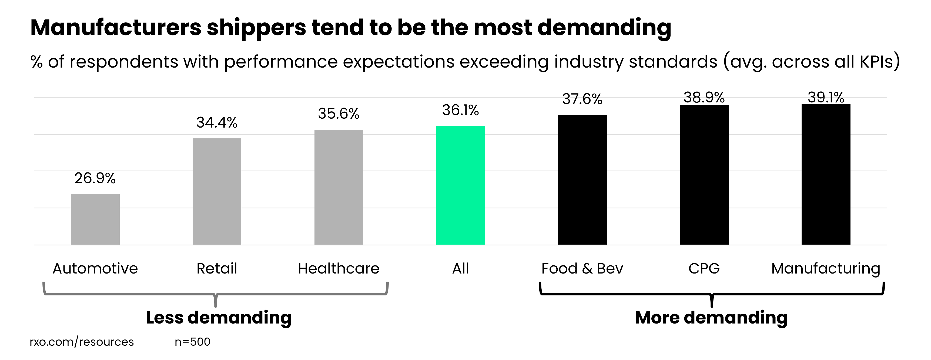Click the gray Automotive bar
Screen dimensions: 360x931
pyautogui.click(x=95, y=219)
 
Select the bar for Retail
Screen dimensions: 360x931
pyautogui.click(x=217, y=192)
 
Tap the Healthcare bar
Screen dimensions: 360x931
pyautogui.click(x=339, y=187)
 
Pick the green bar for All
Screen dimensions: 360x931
pyautogui.click(x=460, y=185)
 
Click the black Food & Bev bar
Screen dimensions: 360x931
pyautogui.click(x=582, y=180)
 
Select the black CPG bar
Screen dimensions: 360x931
pyautogui.click(x=704, y=175)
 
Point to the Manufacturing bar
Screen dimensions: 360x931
pyautogui.click(x=826, y=174)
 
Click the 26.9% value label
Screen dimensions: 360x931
pyautogui.click(x=95, y=178)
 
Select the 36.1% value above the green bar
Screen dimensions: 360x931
pyautogui.click(x=460, y=110)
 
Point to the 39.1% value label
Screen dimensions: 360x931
pyautogui.click(x=826, y=98)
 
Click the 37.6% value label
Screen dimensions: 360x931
pyautogui.click(x=582, y=99)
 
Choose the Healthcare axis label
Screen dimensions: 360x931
pyautogui.click(x=339, y=269)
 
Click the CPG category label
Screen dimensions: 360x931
pyautogui.click(x=704, y=269)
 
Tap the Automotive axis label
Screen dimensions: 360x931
pyautogui.click(x=95, y=269)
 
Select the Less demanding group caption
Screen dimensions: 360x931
pyautogui.click(x=219, y=318)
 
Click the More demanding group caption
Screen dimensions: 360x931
pyautogui.click(x=711, y=318)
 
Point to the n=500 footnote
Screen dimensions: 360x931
pyautogui.click(x=192, y=342)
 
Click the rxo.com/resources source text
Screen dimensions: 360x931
pyautogui.click(x=82, y=342)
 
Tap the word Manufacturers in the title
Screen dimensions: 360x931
pyautogui.click(x=116, y=28)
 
